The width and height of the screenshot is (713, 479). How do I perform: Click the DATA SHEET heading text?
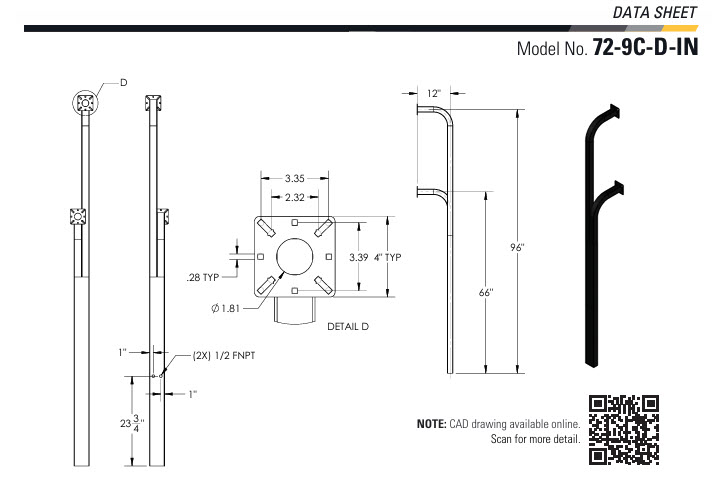(x=658, y=11)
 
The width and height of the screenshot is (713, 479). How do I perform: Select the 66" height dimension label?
(x=486, y=292)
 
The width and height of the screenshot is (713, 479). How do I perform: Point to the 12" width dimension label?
(x=433, y=93)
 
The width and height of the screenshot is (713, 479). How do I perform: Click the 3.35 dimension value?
(x=294, y=178)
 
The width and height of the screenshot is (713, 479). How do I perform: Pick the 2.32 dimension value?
(x=294, y=198)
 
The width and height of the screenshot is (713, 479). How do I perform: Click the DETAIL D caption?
(x=349, y=327)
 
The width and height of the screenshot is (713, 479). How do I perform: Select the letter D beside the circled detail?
(x=124, y=83)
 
